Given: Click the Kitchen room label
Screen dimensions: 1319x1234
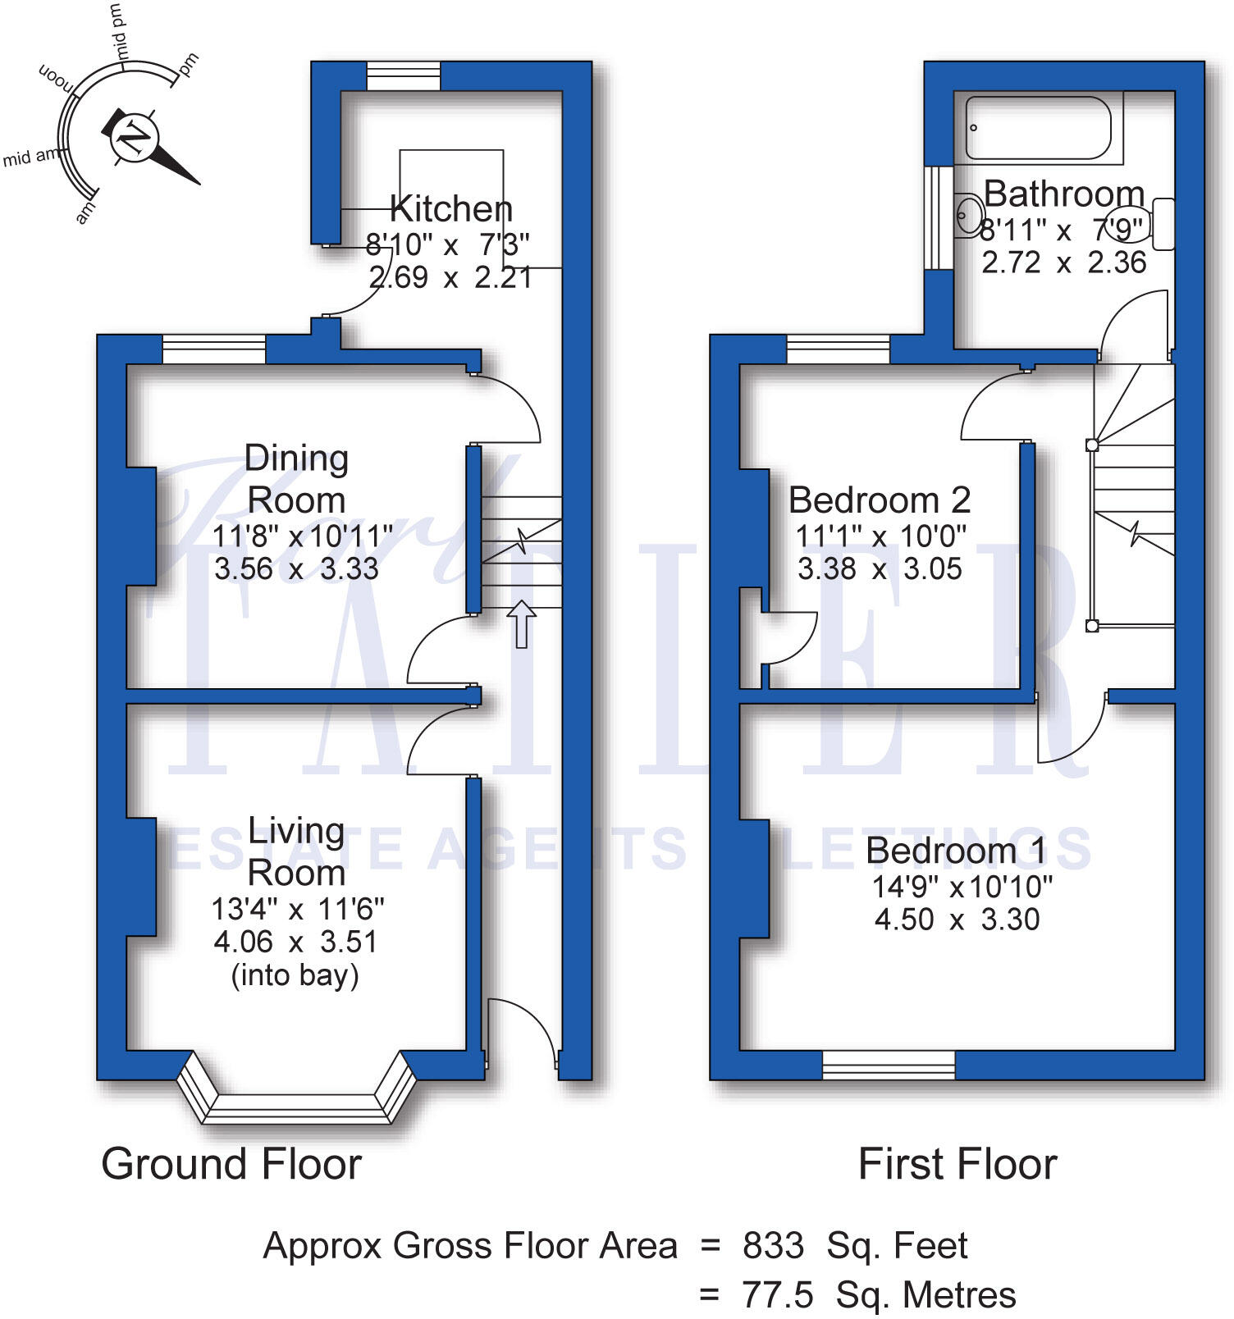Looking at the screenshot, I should pos(451,208).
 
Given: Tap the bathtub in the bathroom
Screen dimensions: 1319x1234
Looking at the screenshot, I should pos(1038,128).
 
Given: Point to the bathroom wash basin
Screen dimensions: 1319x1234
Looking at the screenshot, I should pos(969,216).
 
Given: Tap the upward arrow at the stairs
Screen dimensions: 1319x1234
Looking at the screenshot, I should pos(521,623).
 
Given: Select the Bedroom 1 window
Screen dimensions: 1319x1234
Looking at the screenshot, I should pos(889,1065).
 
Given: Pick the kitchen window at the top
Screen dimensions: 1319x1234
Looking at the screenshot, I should pos(403,76).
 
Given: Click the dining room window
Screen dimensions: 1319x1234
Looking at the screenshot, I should pos(214,349).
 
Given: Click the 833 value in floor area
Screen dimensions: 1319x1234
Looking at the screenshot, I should pos(773,1245).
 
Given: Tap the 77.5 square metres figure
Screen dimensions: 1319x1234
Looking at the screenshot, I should pos(778,1295).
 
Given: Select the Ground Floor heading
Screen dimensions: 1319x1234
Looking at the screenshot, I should pos(231,1164).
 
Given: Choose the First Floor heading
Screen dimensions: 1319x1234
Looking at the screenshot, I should pos(957,1164).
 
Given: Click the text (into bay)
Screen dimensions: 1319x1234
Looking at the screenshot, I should pos(295,975).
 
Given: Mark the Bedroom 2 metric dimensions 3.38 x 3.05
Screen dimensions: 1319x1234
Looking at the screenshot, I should pos(880,568).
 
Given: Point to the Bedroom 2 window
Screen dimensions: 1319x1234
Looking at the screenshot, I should pos(838,349).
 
